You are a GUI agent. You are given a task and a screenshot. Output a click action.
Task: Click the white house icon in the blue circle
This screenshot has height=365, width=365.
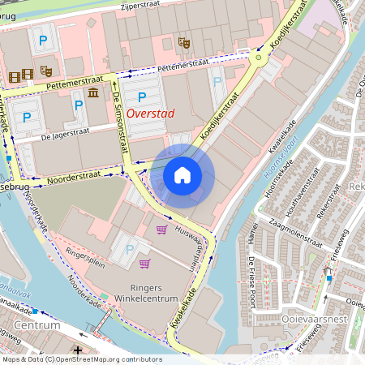[x=182, y=175]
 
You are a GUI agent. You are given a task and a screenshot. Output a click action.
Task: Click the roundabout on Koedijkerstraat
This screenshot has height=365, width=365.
[x=259, y=57]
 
